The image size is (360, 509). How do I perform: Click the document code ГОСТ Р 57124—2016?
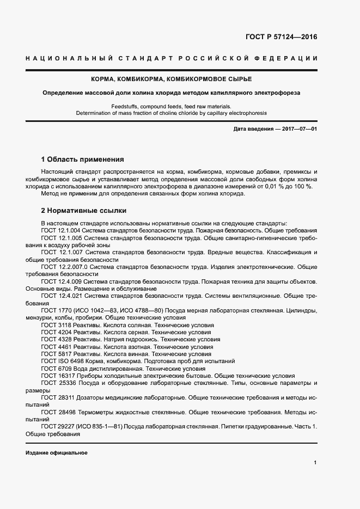point(278,38)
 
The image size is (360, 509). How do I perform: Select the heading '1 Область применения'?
point(83,160)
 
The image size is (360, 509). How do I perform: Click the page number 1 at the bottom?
point(315,462)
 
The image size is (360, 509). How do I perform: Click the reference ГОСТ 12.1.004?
point(62,230)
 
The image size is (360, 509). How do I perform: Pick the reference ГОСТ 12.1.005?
point(62,238)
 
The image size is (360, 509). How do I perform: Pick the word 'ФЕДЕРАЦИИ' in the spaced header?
point(285,58)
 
